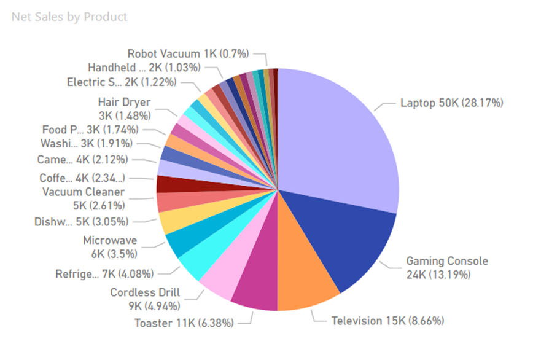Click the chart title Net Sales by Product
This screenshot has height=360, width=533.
69,17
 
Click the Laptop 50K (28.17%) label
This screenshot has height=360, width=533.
451,103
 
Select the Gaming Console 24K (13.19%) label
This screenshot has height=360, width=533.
447,267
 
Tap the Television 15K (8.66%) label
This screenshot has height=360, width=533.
387,321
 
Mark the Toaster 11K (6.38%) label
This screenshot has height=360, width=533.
184,323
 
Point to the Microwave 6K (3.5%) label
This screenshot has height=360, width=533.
110,246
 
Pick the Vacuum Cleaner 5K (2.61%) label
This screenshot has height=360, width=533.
84,198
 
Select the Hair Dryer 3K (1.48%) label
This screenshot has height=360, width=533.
124,108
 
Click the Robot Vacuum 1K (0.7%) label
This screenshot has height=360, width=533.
188,53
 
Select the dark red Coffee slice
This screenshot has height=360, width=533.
167,184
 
